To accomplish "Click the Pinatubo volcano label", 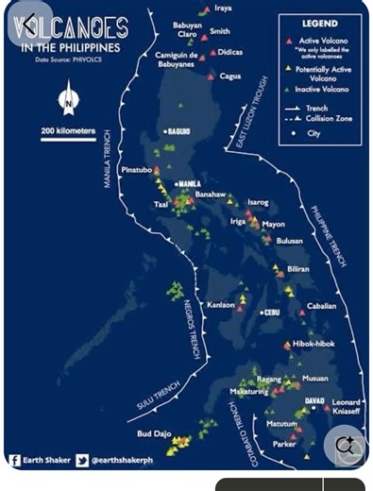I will click(x=137, y=170).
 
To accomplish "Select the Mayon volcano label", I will click(x=273, y=224).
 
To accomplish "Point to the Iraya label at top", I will click(x=223, y=8).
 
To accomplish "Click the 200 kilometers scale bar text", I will click(x=68, y=129).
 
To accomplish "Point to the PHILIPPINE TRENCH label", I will click(x=338, y=236).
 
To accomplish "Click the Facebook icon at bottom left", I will click(x=15, y=461).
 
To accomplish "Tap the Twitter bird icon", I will click(x=83, y=461).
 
